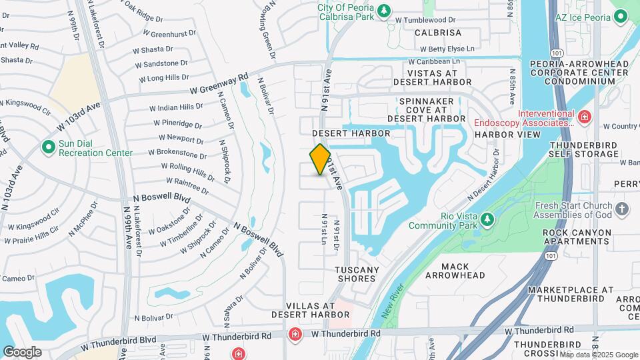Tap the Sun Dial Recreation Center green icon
click(48, 147)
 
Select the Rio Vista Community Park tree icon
click(487, 219)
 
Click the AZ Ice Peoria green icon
click(620, 16)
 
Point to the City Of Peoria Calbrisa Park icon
click(383, 11)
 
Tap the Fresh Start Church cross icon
click(622, 209)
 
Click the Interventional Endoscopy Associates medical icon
click(584, 117)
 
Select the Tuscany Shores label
click(357, 274)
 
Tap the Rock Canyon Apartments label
click(577, 237)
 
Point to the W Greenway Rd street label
click(219, 84)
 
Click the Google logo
click(22, 351)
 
